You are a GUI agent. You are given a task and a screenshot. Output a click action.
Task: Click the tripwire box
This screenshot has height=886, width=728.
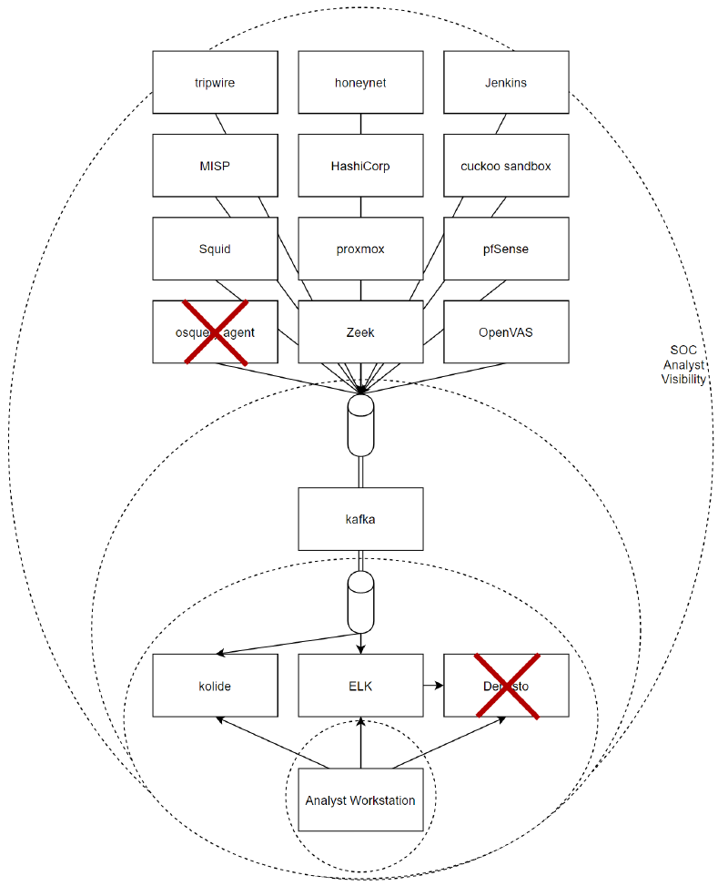215,83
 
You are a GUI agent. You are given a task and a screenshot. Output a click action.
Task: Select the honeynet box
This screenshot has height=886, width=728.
360,83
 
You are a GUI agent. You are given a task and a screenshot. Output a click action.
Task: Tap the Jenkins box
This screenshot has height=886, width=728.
506,83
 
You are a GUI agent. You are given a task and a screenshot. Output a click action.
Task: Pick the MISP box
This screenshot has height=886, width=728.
215,166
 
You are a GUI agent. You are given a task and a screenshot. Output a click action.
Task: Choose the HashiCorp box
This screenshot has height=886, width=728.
360,166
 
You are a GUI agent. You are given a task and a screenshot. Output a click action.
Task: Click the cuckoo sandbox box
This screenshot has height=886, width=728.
506,166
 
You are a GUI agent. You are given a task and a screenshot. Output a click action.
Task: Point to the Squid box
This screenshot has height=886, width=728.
215,249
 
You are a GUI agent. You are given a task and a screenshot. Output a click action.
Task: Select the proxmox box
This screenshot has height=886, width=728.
360,249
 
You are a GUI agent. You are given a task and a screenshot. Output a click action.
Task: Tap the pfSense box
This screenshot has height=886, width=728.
506,249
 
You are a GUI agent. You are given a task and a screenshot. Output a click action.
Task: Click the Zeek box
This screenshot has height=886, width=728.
360,332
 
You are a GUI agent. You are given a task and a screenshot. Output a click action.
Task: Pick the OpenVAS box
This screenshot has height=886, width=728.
506,332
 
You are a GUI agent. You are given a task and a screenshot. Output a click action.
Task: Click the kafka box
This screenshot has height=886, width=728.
360,519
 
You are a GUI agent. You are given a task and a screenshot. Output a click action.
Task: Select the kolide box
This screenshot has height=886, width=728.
215,686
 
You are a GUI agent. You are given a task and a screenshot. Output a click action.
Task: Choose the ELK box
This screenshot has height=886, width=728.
360,686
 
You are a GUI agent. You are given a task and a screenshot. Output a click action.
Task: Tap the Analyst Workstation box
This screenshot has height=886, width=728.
360,800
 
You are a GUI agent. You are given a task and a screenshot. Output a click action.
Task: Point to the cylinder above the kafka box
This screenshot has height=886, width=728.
361,424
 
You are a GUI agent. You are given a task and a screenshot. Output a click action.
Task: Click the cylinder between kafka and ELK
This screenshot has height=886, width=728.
361,601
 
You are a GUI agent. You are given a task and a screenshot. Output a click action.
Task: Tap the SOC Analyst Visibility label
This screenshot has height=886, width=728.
683,364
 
